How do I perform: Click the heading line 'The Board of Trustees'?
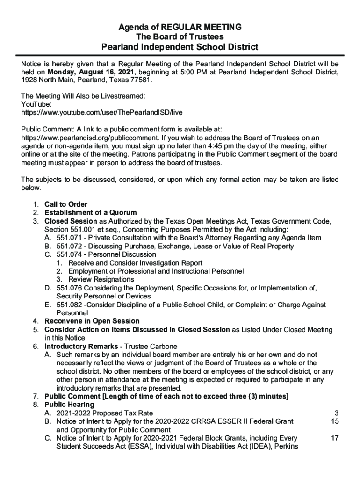180,37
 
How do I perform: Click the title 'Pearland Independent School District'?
180,47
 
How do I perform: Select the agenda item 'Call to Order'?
66,204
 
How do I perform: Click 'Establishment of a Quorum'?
90,213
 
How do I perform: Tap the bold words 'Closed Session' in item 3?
71,221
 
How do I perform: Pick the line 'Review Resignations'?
101,279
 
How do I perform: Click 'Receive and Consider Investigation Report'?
135,263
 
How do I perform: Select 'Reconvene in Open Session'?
92,321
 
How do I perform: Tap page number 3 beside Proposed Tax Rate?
336,413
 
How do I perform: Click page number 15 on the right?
334,421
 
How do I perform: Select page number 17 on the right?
334,438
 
